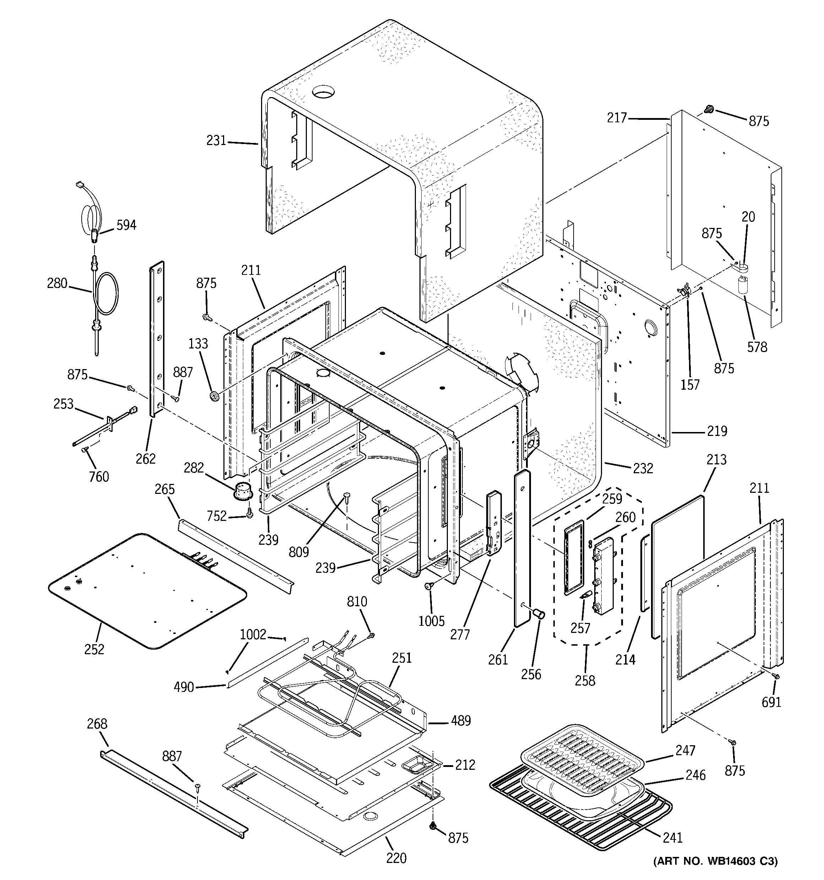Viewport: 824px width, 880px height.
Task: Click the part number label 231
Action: [216, 141]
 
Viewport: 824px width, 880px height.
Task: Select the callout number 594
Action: [126, 225]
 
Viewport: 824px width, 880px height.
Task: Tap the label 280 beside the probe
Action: [57, 283]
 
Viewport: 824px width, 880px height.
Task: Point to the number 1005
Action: [431, 621]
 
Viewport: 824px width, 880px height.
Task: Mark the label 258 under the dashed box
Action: [585, 681]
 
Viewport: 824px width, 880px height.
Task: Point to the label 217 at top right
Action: [617, 118]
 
